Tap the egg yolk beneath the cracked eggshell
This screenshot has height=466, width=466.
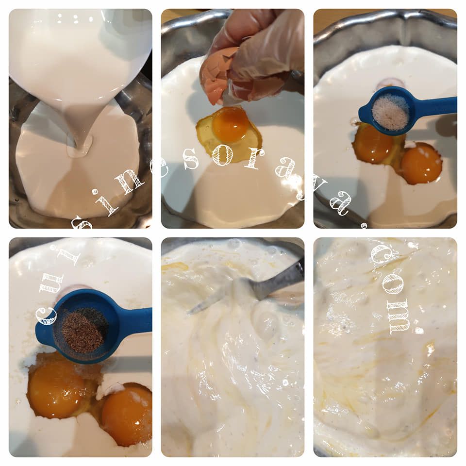coord(231,125)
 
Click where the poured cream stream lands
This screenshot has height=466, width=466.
coord(79,149)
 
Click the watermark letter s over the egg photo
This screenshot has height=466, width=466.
coord(190,159)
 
